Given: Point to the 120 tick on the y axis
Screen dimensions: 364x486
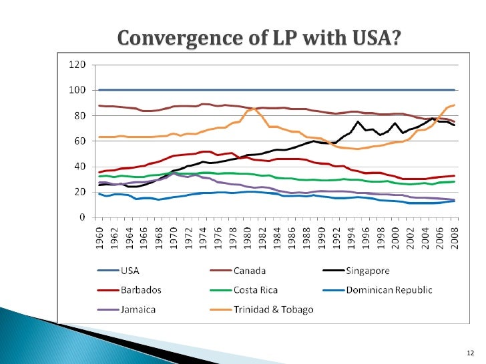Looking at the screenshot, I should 78,65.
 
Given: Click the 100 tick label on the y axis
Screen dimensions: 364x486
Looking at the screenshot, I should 78,90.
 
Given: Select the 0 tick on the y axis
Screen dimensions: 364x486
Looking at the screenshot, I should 83,217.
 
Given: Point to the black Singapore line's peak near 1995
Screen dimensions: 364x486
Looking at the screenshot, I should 358,122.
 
